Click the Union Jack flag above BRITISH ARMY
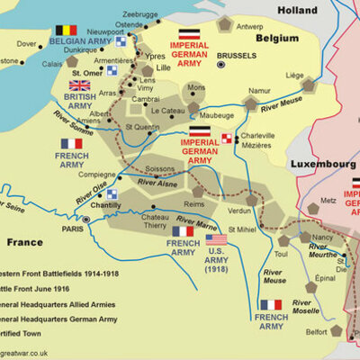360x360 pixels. (x=81, y=85)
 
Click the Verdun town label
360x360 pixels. (x=240, y=210)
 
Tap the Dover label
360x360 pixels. (x=27, y=43)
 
